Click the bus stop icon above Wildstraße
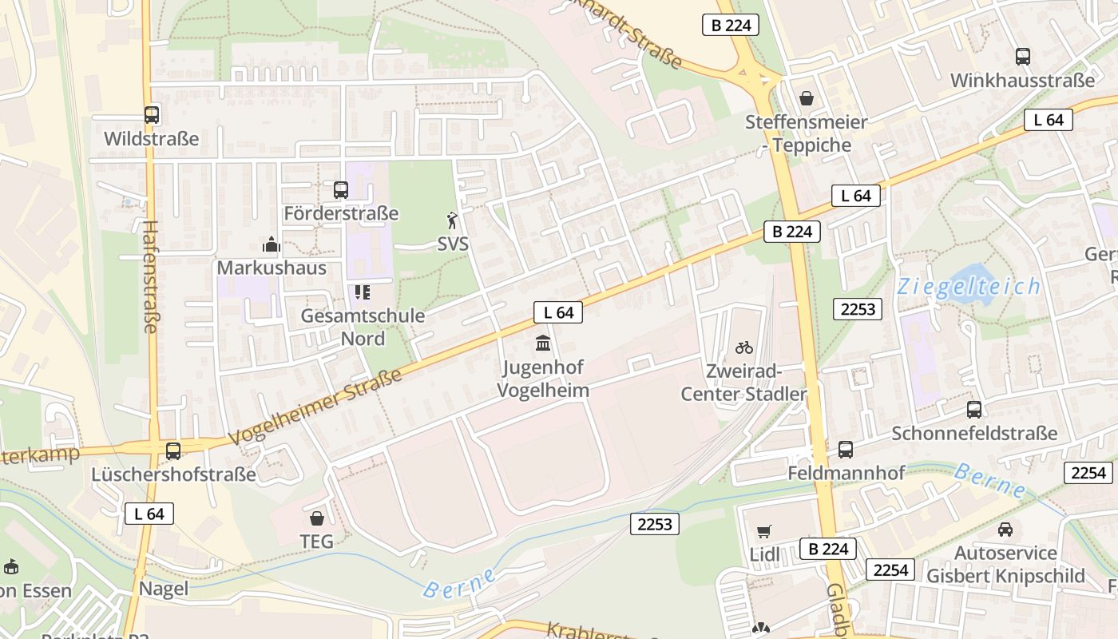click(152, 114)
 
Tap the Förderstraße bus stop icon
click(341, 189)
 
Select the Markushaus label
click(272, 268)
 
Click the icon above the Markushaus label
click(272, 244)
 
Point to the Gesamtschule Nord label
click(363, 327)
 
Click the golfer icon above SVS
click(453, 220)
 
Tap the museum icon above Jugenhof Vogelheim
click(543, 343)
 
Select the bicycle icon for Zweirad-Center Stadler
click(744, 347)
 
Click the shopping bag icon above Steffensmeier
click(807, 98)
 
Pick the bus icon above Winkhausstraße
click(1023, 56)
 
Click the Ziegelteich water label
click(969, 287)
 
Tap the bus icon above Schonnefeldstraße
click(974, 410)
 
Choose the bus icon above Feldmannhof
click(846, 450)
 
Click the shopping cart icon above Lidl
click(764, 531)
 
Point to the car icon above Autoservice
click(1005, 529)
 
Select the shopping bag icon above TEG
click(316, 518)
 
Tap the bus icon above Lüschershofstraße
click(173, 451)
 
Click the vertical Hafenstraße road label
click(150, 276)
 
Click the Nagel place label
click(164, 589)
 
